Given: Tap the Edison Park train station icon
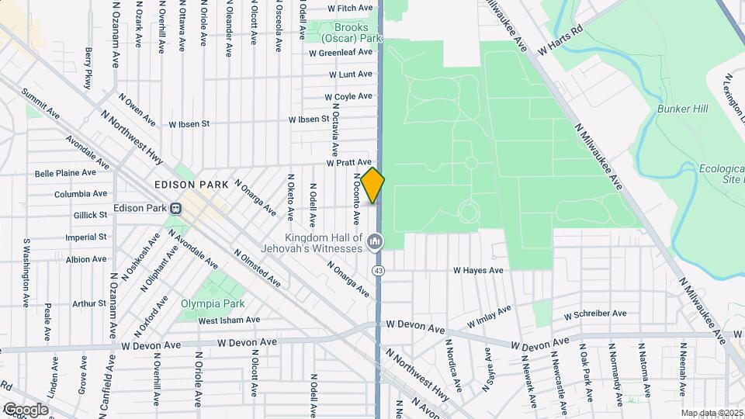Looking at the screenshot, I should (176, 208).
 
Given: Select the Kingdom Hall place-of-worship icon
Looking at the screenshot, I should (376, 242).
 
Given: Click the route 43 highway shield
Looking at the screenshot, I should (378, 270).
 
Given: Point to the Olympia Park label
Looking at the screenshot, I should (212, 303).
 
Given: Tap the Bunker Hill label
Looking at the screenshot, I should (683, 109).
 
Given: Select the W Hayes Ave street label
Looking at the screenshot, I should (479, 271).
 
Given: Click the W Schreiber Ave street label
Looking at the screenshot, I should (595, 314).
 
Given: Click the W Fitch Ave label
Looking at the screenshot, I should (351, 8).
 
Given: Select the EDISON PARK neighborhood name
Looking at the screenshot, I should (191, 185).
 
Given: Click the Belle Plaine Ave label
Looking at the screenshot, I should (66, 172).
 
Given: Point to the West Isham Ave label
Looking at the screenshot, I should (229, 320).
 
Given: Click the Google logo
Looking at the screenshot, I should (25, 410).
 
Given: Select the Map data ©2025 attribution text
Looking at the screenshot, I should (711, 414).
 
